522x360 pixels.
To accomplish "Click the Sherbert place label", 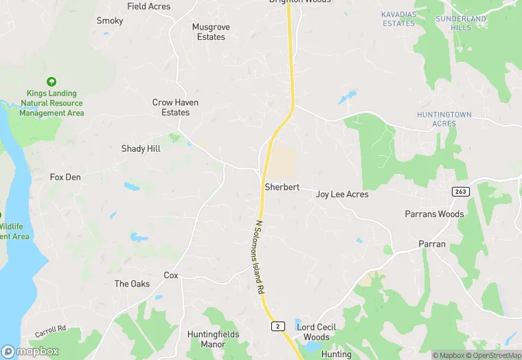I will pyautogui.click(x=282, y=187).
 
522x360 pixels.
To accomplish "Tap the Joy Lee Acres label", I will pyautogui.click(x=342, y=194).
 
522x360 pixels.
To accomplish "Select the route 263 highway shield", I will pyautogui.click(x=460, y=191).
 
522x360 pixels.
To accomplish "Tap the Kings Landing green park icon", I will pyautogui.click(x=52, y=81).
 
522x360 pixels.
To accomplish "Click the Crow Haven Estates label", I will pyautogui.click(x=175, y=107).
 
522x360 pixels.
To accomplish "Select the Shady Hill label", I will pyautogui.click(x=141, y=148).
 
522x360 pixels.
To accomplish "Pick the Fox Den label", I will pyautogui.click(x=65, y=177).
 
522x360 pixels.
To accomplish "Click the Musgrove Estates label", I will pyautogui.click(x=211, y=32).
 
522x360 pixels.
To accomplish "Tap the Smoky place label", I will pyautogui.click(x=110, y=21).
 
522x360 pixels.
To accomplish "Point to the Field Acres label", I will pyautogui.click(x=149, y=6).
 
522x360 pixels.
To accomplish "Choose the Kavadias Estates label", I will pyautogui.click(x=398, y=19).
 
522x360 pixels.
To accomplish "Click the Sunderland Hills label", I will pyautogui.click(x=461, y=23).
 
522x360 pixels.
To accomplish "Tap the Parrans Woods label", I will pyautogui.click(x=434, y=214).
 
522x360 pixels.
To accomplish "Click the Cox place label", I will pyautogui.click(x=171, y=275).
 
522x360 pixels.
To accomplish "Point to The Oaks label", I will pyautogui.click(x=132, y=284).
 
